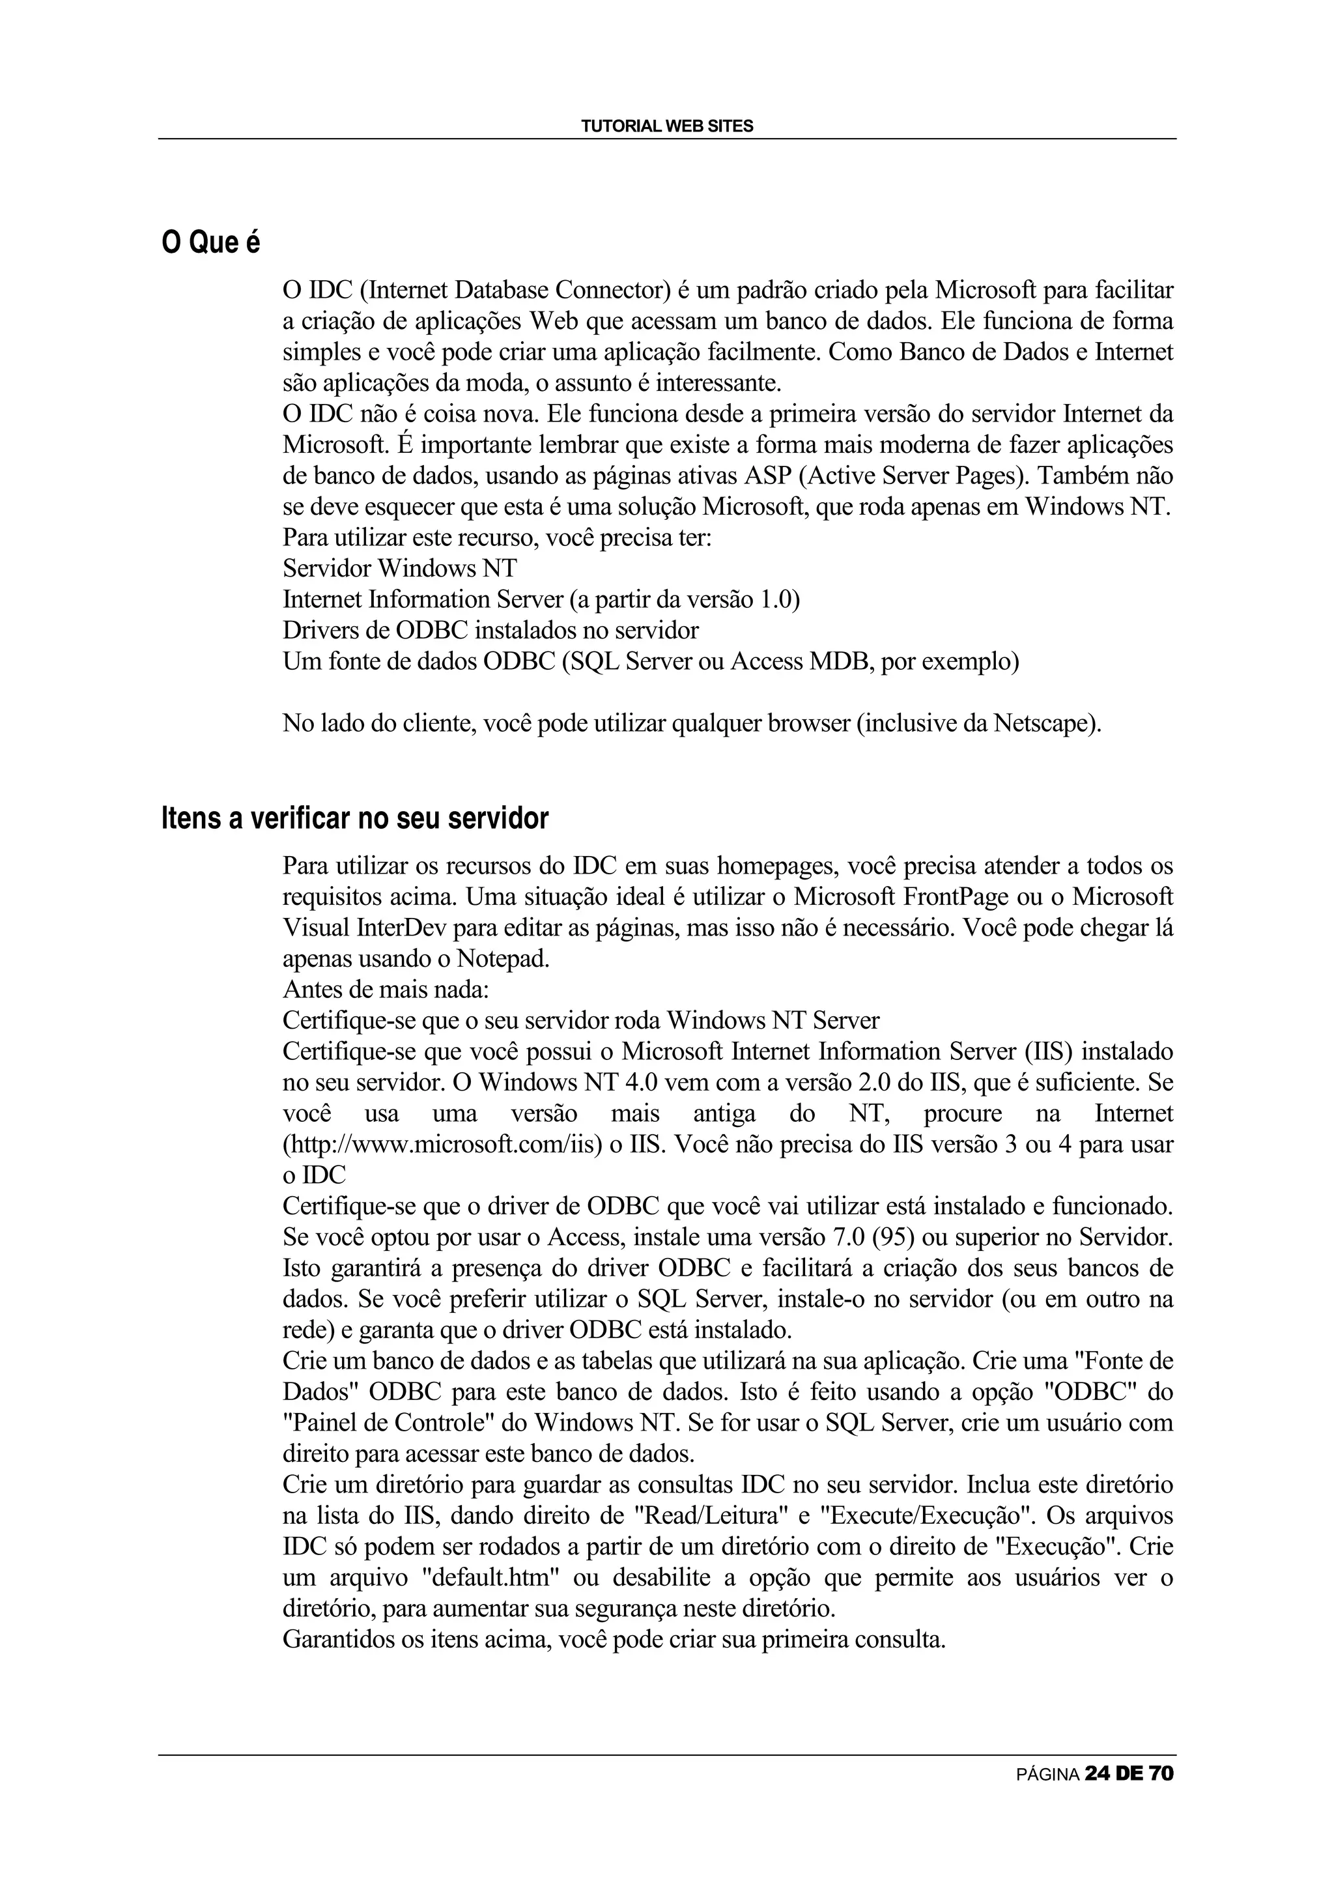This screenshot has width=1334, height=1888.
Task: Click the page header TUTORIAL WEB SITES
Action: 666,126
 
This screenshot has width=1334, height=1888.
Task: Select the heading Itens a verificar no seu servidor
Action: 354,819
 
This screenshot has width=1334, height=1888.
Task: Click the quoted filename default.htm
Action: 445,1578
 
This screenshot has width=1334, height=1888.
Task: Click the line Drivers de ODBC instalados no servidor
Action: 490,631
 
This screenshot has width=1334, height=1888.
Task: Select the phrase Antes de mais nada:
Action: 386,990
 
